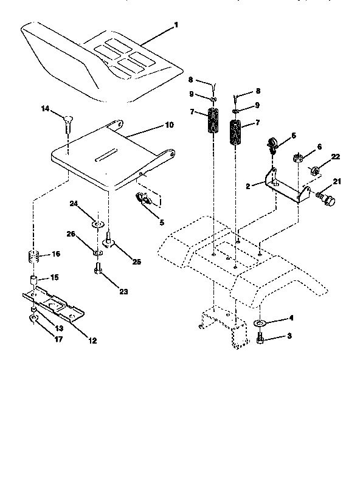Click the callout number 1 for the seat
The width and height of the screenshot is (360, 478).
(x=176, y=25)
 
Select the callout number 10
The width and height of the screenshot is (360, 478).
(x=169, y=124)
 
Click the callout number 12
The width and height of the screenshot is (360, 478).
(x=92, y=341)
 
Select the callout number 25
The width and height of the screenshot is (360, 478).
(x=137, y=262)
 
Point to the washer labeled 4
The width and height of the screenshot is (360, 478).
(x=260, y=323)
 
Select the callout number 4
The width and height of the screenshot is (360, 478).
(x=291, y=317)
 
